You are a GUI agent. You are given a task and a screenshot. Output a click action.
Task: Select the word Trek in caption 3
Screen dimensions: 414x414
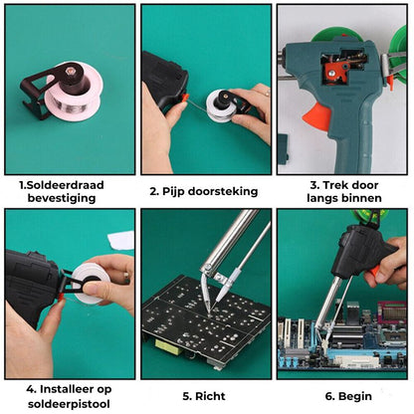(333, 185)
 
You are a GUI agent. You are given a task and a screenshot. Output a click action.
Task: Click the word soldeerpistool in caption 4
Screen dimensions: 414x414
(69, 404)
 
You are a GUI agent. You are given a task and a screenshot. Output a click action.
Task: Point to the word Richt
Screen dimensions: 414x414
(210, 396)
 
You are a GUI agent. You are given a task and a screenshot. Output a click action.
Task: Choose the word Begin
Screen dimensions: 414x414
(354, 396)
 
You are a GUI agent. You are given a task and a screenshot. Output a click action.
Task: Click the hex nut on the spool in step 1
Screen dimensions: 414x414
(70, 71)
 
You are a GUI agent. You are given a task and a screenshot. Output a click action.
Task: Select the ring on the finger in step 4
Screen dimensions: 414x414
(126, 275)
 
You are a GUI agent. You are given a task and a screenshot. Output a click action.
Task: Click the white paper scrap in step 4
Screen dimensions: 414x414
(120, 241)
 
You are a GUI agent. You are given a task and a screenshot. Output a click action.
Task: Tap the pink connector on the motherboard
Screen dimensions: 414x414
(392, 312)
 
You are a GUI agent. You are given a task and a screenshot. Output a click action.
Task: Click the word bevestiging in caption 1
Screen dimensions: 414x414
(62, 198)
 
